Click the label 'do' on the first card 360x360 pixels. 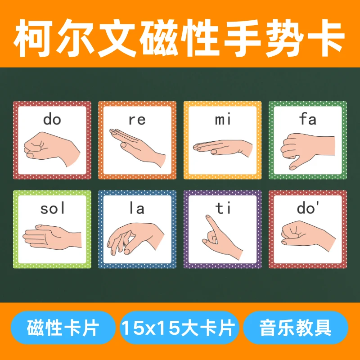tap(52, 119)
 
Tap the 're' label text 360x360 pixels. tap(137, 120)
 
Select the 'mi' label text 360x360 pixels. tap(222, 120)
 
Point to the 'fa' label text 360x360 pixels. tap(307, 120)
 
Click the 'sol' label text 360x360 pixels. tap(52, 208)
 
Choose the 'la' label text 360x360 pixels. tap(137, 208)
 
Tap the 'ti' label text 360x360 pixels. tap(222, 208)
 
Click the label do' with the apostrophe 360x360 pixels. tap(308, 208)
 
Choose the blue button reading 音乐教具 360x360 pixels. tap(295, 328)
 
